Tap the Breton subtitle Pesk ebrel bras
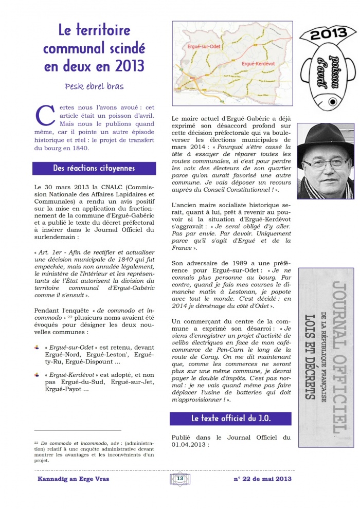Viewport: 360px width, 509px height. click(94, 86)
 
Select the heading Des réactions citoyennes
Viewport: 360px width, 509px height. click(94, 169)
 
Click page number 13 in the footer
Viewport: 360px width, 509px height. click(180, 479)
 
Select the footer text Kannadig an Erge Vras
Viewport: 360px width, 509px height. click(73, 479)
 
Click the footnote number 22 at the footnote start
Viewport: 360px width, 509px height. click(36, 442)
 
